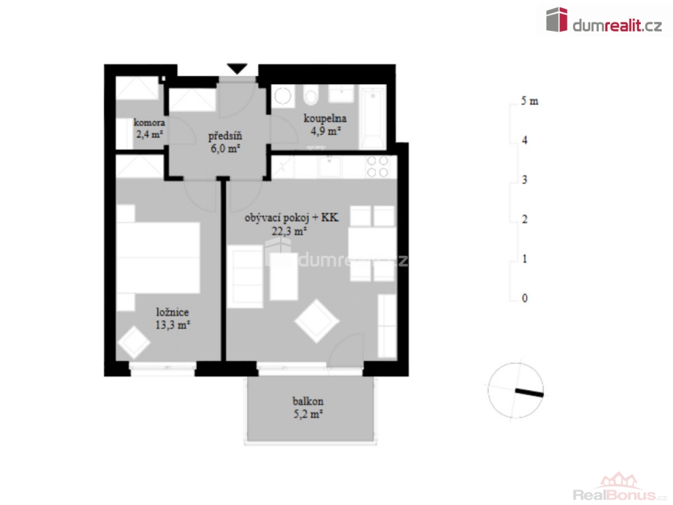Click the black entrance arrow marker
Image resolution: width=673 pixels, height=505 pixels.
coord(237,68)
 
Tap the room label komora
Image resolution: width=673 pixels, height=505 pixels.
coord(149,122)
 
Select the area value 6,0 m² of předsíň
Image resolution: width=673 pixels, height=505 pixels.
coord(225,149)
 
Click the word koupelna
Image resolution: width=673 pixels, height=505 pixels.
coord(325,118)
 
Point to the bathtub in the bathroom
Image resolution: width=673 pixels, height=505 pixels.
coord(373,118)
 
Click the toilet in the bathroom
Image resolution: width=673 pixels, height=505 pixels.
coord(311,95)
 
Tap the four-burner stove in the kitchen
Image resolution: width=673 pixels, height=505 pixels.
coord(377,166)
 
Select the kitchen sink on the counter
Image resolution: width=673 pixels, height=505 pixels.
coord(330,166)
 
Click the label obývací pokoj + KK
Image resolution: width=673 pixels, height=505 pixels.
coord(291,218)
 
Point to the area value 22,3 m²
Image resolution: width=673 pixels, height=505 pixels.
coord(289,231)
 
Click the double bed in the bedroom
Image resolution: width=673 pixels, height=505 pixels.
coord(158,258)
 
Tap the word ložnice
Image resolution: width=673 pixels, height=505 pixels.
coord(172,312)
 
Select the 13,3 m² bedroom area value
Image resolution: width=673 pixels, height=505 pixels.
coord(173,325)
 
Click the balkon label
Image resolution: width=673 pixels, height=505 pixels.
coord(308,402)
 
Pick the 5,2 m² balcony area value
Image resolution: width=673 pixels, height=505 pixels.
coord(308,414)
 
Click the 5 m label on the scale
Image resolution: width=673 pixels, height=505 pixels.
coord(530,101)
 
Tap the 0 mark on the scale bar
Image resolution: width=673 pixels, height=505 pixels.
coord(524,298)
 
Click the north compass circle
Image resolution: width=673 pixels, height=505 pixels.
coord(515,391)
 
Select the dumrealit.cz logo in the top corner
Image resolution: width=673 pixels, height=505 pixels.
coord(604,20)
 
